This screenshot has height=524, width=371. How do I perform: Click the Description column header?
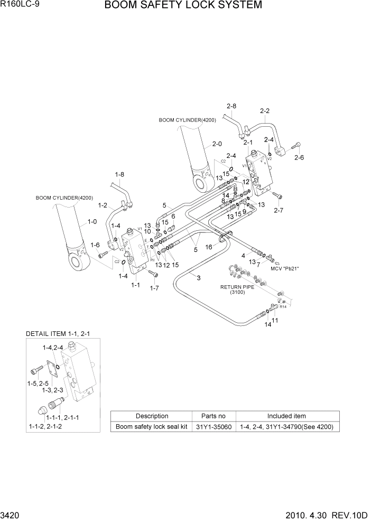(152, 416)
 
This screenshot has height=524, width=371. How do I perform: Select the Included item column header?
(286, 416)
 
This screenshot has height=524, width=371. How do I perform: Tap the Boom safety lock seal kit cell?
(152, 427)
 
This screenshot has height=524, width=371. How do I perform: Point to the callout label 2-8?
(231, 107)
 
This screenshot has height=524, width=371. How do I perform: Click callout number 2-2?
(265, 111)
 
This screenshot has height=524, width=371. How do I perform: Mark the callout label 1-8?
(119, 174)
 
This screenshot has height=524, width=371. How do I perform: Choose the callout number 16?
(209, 247)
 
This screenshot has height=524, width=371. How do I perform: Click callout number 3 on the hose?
(198, 278)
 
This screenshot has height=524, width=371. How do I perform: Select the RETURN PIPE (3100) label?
(238, 289)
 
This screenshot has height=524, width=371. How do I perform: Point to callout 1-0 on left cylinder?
(92, 222)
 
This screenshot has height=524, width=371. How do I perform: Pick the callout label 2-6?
(299, 157)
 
